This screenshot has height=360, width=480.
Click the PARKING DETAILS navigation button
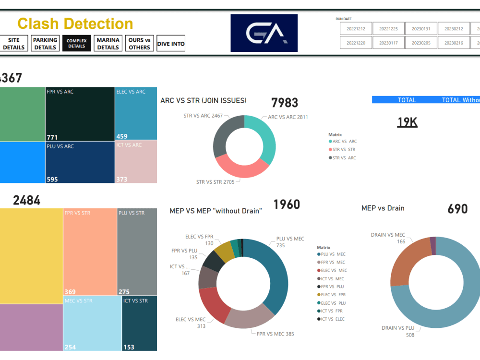coord(45,44)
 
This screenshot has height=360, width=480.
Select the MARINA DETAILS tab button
coord(108,44)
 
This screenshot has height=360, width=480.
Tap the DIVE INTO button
coord(171,44)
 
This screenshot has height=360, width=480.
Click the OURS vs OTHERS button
coord(139,44)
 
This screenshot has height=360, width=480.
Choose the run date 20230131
coord(421,29)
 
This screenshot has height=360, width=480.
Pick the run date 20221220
coord(356,43)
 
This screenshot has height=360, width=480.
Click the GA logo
coord(264,33)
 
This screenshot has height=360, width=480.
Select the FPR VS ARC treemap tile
coord(80,114)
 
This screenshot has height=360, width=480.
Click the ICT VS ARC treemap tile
coord(136,161)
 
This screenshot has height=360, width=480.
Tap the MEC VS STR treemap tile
coord(92,323)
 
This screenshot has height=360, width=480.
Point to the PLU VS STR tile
coord(137,252)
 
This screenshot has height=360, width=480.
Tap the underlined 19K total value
coord(407,122)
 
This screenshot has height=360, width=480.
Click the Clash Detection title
coord(75,24)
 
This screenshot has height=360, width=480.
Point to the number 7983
coord(284,103)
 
